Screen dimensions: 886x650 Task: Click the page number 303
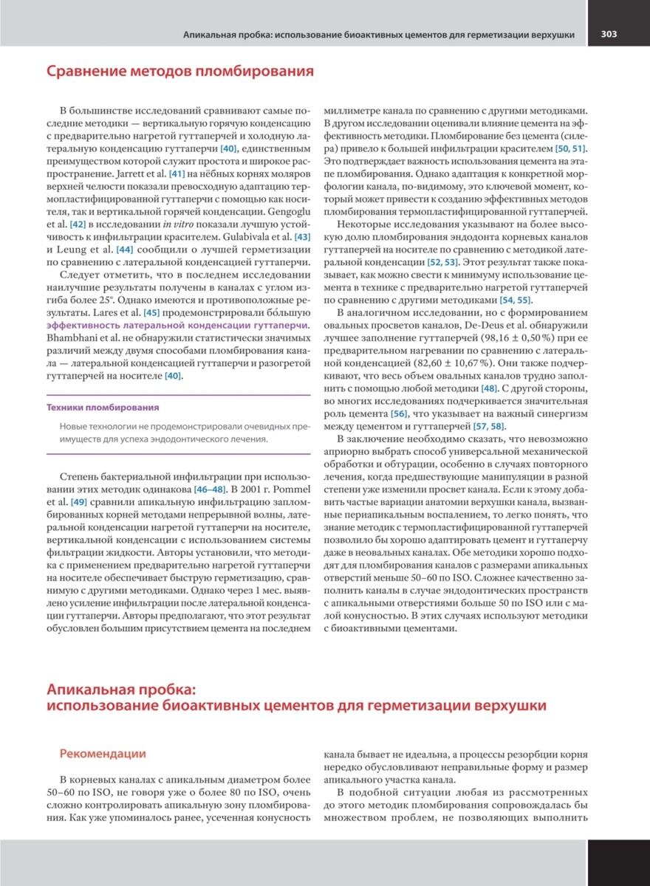tap(609, 34)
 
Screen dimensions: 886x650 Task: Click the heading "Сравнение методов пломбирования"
tap(180, 72)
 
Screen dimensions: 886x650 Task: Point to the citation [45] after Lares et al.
tap(151, 312)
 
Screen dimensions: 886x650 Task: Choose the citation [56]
tap(400, 414)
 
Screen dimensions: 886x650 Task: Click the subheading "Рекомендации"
tap(103, 754)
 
